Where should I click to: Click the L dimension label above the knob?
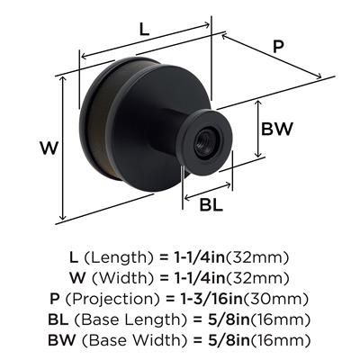tap(144, 30)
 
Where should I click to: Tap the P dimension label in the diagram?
tap(278, 47)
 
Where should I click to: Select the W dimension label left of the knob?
tap(49, 148)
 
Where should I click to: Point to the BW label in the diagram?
tap(276, 129)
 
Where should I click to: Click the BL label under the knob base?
tap(211, 205)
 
